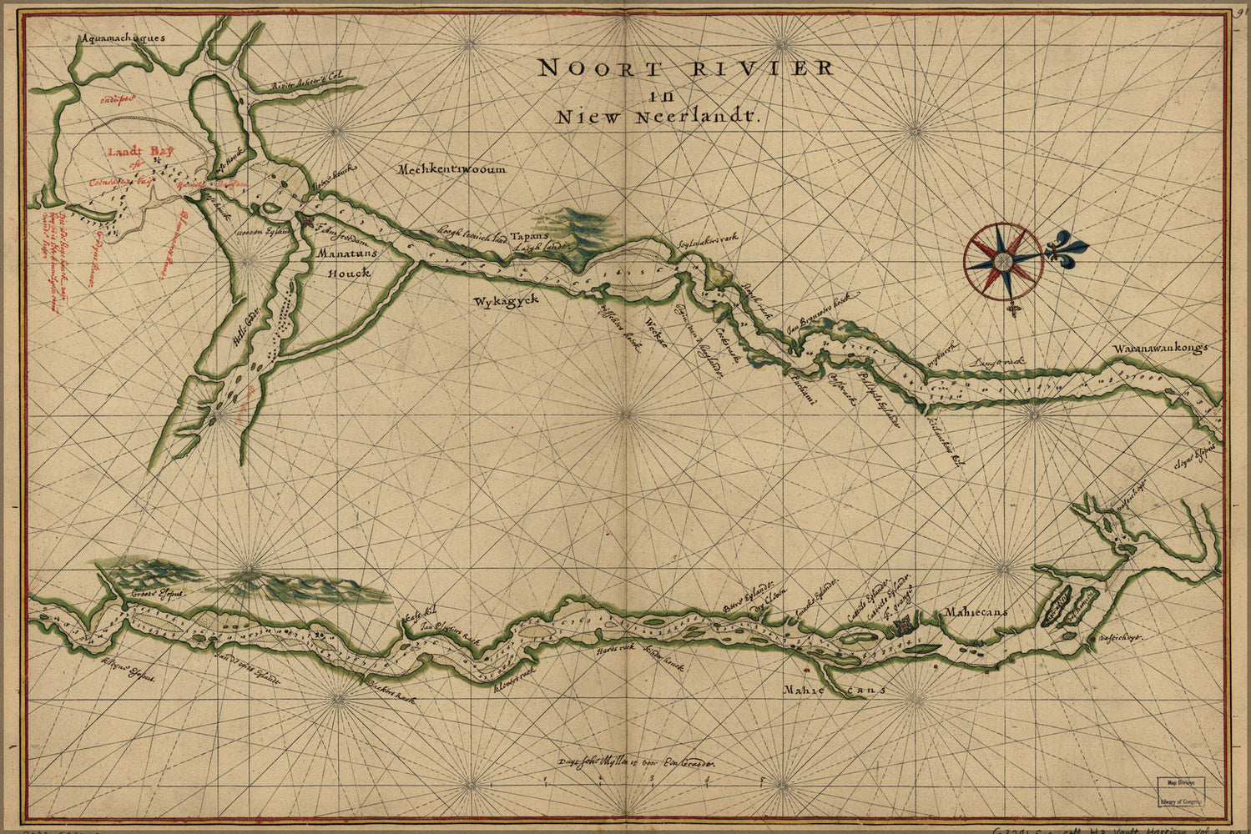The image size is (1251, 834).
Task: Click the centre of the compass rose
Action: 1004,259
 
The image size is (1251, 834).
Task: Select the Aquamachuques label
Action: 125,38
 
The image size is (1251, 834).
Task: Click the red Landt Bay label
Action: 134,153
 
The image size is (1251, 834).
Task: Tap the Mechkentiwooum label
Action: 451,169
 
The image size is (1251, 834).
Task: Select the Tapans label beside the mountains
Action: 527,235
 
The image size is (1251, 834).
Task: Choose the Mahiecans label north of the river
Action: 976,612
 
